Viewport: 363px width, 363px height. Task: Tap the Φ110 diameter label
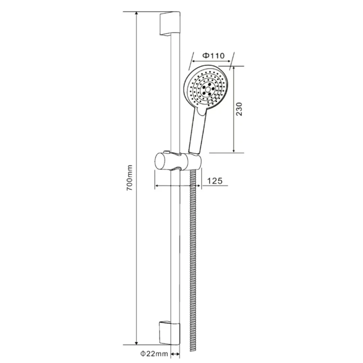click(x=213, y=55)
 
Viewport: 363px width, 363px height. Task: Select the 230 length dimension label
click(x=239, y=109)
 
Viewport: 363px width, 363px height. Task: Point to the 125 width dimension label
click(x=214, y=181)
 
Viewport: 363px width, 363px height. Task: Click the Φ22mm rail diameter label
click(x=154, y=354)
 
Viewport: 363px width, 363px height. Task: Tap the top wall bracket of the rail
click(x=170, y=24)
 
